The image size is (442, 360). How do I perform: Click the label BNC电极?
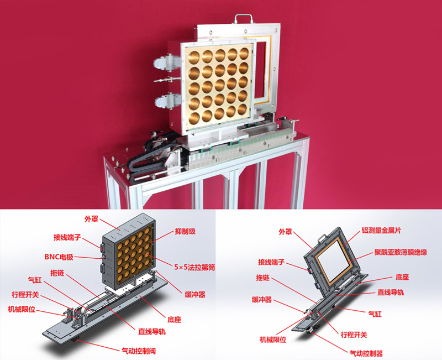[x=59, y=257]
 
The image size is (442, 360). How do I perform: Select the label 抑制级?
[x=185, y=231]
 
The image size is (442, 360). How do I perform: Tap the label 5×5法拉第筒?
[x=194, y=267]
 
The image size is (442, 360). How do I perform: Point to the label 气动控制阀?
[x=139, y=351]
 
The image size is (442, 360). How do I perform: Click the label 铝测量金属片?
[x=381, y=230]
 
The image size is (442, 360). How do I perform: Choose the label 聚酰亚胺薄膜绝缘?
[x=401, y=252]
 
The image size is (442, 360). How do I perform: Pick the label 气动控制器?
[x=366, y=353]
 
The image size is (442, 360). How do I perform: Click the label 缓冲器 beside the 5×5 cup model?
[x=195, y=295]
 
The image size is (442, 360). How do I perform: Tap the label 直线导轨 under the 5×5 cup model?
[x=151, y=331]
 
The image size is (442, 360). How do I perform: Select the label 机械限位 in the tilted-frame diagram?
[x=273, y=340]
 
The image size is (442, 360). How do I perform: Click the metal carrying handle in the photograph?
[x=243, y=18]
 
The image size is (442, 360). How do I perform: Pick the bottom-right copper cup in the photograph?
[x=243, y=109]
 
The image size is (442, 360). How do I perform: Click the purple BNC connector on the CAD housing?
[x=103, y=257]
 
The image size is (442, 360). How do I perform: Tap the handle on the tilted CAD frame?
[x=322, y=238]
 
